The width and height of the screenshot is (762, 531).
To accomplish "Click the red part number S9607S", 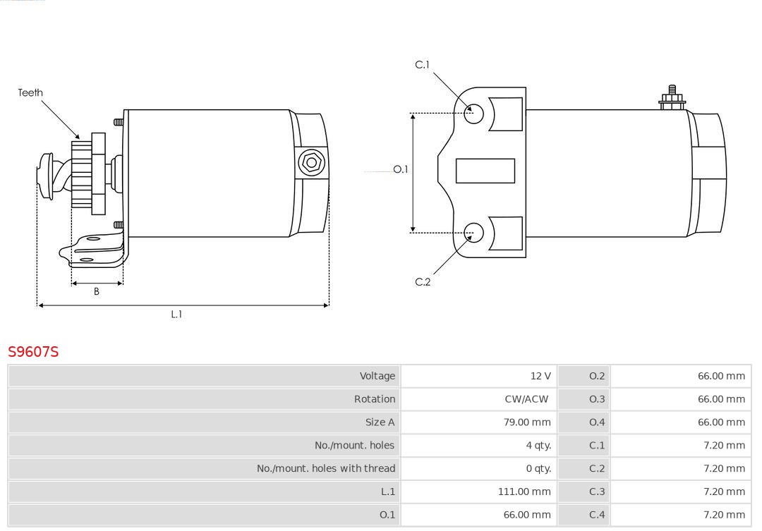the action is [33, 351].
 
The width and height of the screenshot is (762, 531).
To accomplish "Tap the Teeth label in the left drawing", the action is [30, 92].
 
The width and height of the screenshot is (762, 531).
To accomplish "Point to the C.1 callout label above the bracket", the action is [422, 65].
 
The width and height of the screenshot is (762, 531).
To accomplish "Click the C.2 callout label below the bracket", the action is [423, 282].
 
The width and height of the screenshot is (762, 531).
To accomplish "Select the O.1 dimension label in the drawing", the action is [401, 169].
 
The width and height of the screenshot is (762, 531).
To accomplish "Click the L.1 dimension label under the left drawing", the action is [176, 315].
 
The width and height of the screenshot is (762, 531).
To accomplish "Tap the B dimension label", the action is [96, 291].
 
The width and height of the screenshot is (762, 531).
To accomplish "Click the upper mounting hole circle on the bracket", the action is [473, 114].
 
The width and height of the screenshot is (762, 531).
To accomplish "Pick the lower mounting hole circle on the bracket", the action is [473, 233].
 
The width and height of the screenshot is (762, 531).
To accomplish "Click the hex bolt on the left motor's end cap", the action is [311, 162].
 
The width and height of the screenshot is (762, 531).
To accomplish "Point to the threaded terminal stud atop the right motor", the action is [672, 97].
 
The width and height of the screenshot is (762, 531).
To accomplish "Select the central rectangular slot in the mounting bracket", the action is [485, 171].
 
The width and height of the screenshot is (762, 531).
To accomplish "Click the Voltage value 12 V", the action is [540, 376].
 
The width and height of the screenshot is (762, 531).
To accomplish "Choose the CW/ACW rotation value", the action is [526, 399].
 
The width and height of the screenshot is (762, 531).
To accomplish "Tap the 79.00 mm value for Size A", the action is [527, 422].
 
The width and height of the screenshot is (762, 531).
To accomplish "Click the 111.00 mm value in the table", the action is [524, 492].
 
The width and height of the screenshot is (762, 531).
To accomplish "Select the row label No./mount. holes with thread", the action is [326, 468].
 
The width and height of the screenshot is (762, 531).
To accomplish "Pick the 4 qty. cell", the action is [538, 446].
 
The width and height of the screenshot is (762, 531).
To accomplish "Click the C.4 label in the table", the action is [597, 515].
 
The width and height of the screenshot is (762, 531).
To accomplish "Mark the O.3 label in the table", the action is [597, 399].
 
